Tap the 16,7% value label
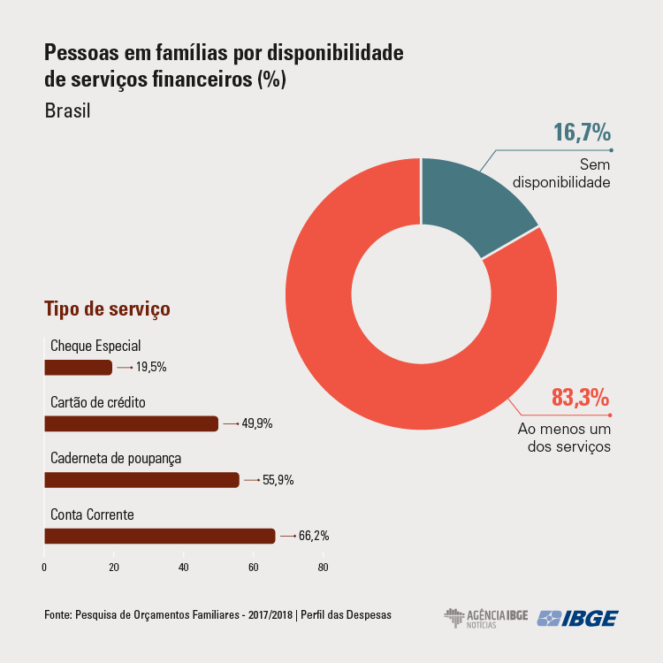coord(582,133)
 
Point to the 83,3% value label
coord(580,399)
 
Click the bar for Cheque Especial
coord(78,367)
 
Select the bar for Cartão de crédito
coord(131,423)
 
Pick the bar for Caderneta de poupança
coord(141,480)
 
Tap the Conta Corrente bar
coord(159,536)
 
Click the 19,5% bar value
coord(151,367)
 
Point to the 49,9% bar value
coord(256,423)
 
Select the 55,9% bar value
coord(278,480)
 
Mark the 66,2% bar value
coord(313,536)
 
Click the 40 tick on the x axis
coord(183,567)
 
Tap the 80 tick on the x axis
coord(323,567)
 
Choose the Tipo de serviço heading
coord(107,309)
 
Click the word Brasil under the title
coord(67,112)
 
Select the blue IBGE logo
coord(578,617)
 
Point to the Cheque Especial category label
coord(95,346)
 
